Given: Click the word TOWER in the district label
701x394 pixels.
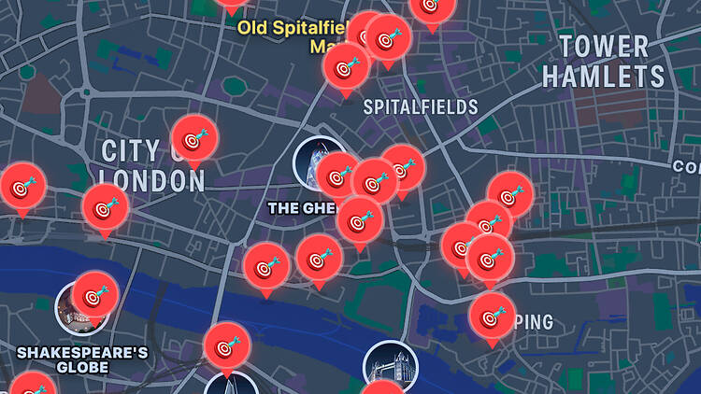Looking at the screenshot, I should pos(603,47).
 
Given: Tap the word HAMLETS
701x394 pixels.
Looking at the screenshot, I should pos(604,77).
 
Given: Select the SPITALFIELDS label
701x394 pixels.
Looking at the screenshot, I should pos(421,107).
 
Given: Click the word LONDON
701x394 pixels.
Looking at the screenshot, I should pos(151,180).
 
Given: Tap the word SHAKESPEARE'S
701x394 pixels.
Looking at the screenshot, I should pos(83,352).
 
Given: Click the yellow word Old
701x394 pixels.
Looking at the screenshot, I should pos(254,26).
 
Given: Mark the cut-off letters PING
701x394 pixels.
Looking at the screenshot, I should pos(534,322).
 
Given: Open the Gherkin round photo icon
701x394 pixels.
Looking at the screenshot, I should pos(315,162).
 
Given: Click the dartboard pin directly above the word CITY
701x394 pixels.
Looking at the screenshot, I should pos(194,140).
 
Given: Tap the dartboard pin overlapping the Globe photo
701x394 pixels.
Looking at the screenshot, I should pos(94,296).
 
